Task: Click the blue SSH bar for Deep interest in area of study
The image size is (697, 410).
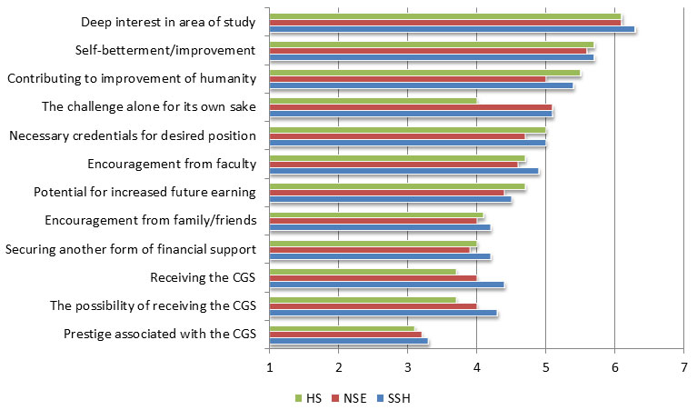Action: (452, 29)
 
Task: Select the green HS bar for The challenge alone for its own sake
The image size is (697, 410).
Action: (373, 100)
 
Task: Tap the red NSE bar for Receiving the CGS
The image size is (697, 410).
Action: (373, 278)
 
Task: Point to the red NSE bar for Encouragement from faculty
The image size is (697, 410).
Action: (393, 165)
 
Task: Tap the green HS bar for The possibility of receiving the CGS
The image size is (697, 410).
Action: (363, 299)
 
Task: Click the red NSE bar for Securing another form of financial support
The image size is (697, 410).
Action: (369, 249)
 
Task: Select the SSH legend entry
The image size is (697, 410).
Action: (392, 397)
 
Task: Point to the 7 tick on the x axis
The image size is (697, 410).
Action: (683, 367)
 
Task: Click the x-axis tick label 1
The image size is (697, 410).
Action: (270, 367)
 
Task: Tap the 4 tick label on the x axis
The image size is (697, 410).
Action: (476, 367)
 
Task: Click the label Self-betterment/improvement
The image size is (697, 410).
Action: (164, 50)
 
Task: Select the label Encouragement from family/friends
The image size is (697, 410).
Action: (150, 220)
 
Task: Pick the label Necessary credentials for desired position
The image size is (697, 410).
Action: (132, 135)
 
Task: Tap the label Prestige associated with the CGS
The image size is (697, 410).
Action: (160, 334)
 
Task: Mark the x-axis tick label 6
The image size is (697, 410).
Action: (614, 367)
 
